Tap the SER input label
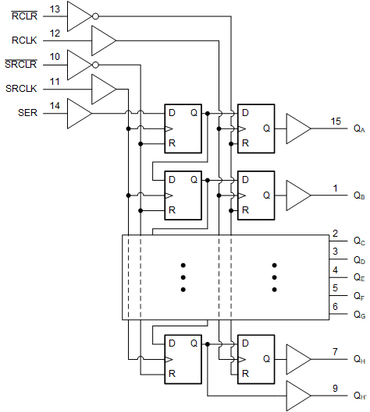tap(27, 113)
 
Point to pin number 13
tap(55, 9)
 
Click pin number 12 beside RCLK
tap(55, 33)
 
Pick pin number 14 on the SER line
tap(55, 106)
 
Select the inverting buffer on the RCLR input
tap(80, 15)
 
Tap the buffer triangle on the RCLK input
tap(103, 39)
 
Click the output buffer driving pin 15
tap(297, 129)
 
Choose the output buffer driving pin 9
tap(297, 395)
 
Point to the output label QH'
tap(359, 396)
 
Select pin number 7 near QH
tap(335, 352)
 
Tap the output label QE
tap(358, 277)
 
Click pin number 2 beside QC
tap(335, 234)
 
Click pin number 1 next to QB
tap(335, 188)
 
